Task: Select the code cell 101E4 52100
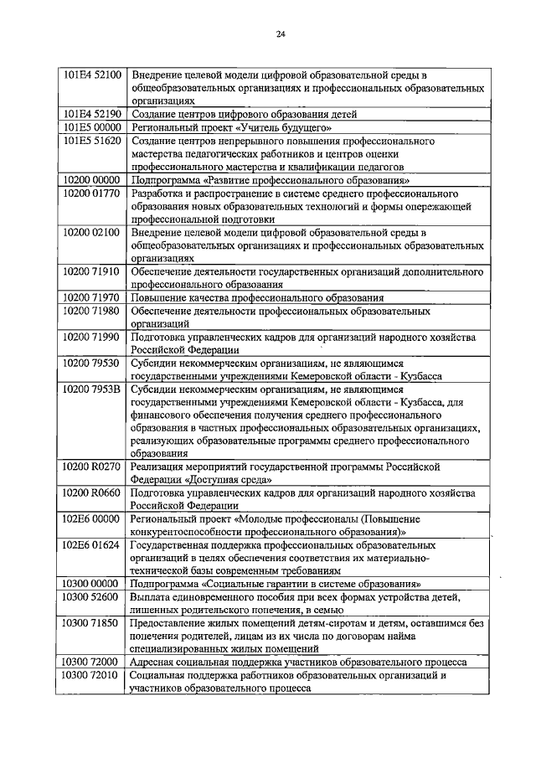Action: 93,75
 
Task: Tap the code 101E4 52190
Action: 93,114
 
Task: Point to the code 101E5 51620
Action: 93,141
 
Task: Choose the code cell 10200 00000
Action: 93,180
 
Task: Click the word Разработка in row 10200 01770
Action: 160,193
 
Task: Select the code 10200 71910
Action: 93,272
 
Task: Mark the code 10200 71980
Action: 93,311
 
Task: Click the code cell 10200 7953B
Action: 93,389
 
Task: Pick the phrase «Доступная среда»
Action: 228,480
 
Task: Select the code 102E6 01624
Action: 93,544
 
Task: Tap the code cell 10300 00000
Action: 93,584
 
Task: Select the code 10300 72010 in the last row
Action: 93,675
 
